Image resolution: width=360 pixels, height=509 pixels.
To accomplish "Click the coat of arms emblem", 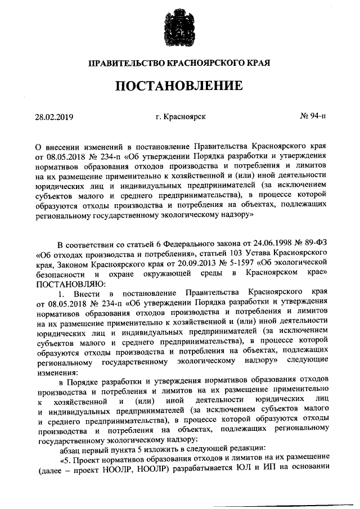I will coord(179,26).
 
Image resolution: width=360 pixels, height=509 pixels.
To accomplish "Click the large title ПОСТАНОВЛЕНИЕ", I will coord(179,86).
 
